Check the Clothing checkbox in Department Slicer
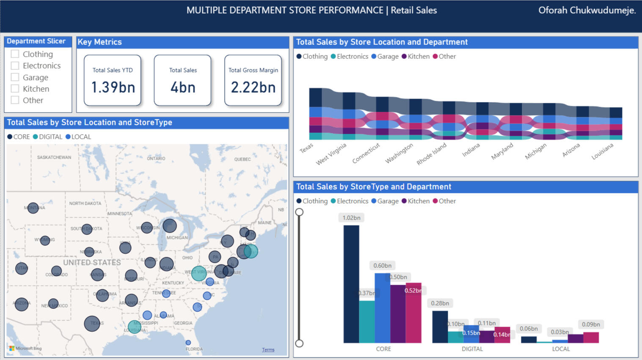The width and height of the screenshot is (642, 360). (15, 54)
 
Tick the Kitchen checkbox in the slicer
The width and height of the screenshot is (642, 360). (15, 89)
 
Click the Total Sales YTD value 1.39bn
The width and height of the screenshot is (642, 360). (113, 87)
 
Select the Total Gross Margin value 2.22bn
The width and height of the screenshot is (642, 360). (253, 87)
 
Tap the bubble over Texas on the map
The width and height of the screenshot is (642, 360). (92, 324)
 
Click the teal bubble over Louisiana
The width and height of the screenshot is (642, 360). (135, 327)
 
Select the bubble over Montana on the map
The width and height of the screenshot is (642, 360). (33, 208)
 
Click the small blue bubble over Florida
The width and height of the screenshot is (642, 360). (188, 343)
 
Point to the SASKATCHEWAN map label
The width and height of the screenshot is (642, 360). (54, 157)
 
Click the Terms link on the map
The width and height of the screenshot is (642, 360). (268, 350)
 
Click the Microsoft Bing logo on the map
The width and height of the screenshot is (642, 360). (26, 349)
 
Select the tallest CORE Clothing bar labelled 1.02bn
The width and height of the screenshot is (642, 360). (351, 283)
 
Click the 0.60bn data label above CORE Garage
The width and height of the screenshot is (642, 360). (382, 266)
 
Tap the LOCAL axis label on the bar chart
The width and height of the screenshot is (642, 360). (561, 349)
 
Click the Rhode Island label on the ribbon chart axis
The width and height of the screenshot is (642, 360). (432, 154)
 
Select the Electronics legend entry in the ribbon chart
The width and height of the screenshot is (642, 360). (349, 56)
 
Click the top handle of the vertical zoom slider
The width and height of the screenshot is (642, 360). (299, 212)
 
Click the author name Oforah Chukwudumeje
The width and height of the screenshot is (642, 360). (587, 11)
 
